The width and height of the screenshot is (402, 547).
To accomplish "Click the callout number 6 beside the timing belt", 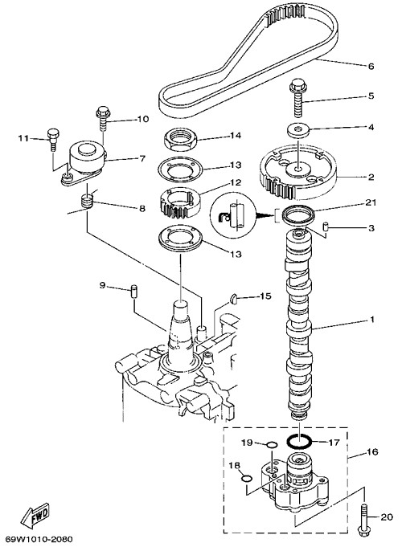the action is (371, 66).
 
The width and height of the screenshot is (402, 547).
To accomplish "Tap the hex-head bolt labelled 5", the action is (298, 97).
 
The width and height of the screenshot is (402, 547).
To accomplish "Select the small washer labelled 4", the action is (298, 130).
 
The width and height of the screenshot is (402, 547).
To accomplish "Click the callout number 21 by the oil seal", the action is (370, 202).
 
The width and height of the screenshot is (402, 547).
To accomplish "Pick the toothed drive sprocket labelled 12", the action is (179, 202).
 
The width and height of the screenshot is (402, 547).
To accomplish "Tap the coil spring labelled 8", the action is (87, 202).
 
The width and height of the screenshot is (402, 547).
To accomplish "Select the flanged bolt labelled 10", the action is (103, 118).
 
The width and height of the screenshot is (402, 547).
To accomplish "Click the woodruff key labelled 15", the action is (234, 298).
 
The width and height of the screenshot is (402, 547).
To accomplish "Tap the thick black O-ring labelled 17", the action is (299, 441).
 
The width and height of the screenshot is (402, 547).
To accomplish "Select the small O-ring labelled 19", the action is (272, 445).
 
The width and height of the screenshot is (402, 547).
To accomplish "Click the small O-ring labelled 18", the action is (246, 478).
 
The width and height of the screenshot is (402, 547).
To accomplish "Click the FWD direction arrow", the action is (35, 514).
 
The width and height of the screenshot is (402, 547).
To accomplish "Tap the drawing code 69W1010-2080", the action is (39, 539).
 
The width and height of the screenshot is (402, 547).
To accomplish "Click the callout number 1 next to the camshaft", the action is (372, 319).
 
